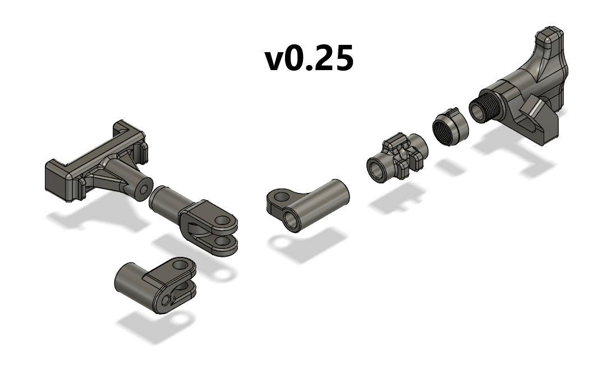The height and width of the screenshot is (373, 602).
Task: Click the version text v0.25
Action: coord(309,58)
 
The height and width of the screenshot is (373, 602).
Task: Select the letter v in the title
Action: coord(276,61)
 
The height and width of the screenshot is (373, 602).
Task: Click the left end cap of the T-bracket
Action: coord(58,181)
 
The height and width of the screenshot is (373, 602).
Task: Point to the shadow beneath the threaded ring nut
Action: coord(449,166)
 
